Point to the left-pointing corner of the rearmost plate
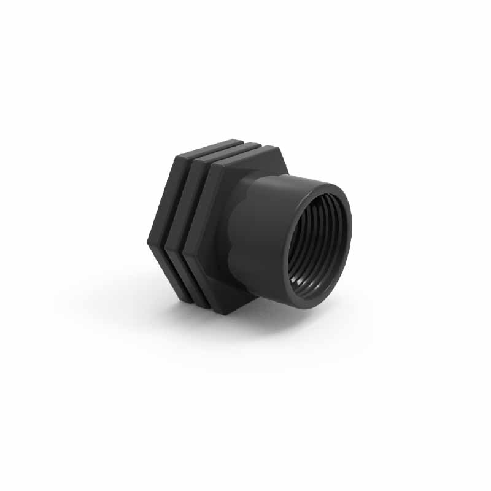[149, 242]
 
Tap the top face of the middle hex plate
[227, 149]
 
